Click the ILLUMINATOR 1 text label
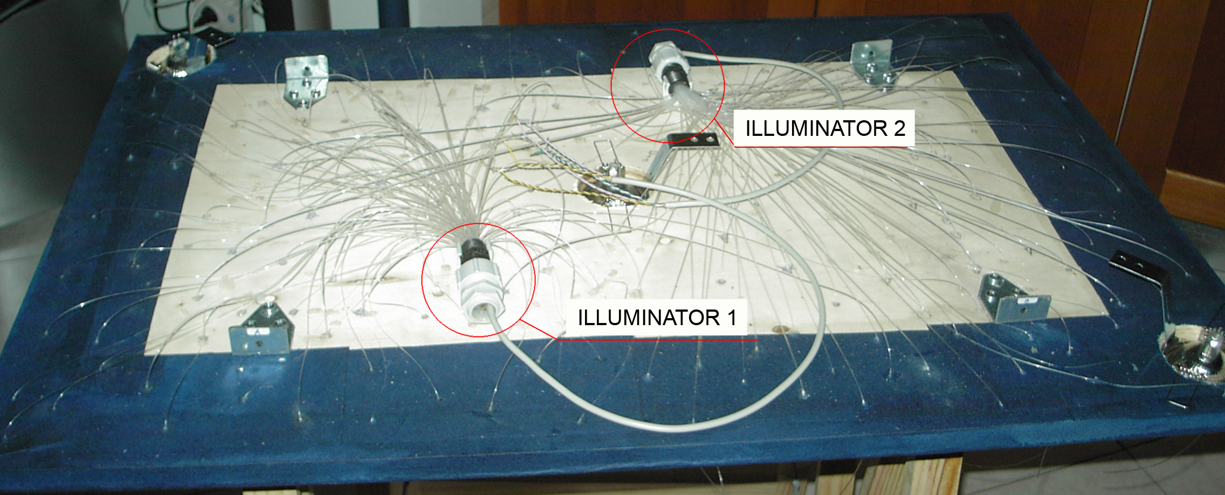(x=657, y=318)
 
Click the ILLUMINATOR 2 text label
(x=824, y=128)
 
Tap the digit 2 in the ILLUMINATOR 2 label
(x=899, y=128)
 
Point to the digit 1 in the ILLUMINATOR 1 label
(x=732, y=318)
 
